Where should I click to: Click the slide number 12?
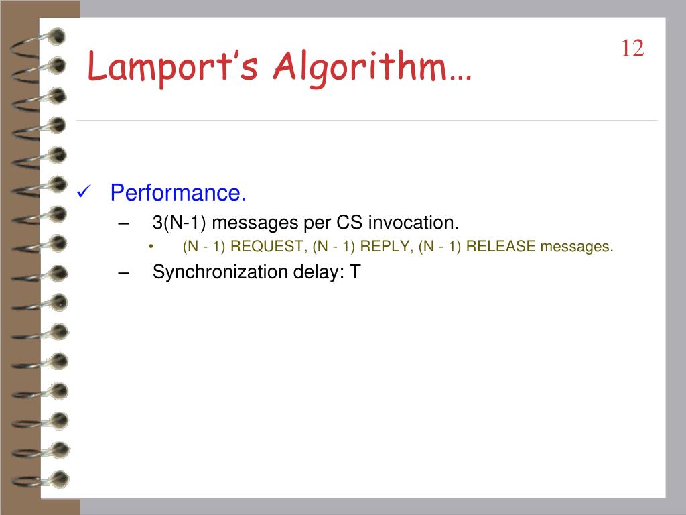pyautogui.click(x=632, y=49)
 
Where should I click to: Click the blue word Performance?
pyautogui.click(x=178, y=193)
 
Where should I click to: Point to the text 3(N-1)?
pyautogui.click(x=179, y=222)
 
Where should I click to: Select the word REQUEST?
pyautogui.click(x=268, y=247)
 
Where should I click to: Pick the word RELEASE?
pyautogui.click(x=501, y=247)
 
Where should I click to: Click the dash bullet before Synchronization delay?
pyautogui.click(x=123, y=272)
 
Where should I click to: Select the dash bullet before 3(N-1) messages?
pyautogui.click(x=123, y=222)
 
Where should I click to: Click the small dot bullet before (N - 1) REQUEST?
pyautogui.click(x=151, y=247)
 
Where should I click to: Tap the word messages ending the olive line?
pyautogui.click(x=577, y=247)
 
